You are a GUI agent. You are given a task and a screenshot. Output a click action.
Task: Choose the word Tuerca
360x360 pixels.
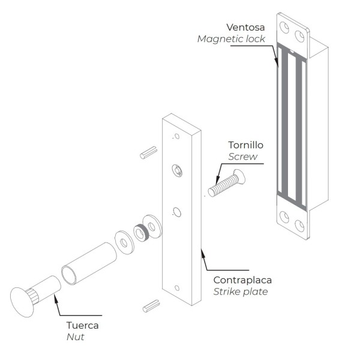pos(82,326)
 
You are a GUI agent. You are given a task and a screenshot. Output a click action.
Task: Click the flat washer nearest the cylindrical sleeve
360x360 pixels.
pos(124,242)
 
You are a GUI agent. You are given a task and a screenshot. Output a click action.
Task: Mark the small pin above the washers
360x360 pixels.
pos(148,152)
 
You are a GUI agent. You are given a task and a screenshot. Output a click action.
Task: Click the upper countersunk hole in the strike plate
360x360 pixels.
pos(178,170)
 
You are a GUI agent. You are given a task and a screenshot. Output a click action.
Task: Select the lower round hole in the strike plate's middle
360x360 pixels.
pos(177,212)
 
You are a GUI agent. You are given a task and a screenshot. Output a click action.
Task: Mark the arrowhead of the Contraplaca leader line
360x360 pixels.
pos(202,248)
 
